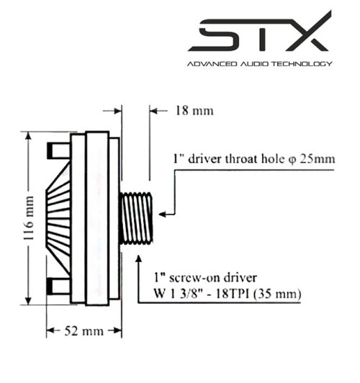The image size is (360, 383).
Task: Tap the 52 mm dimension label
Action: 75,330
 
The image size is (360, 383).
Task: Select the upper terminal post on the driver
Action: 56,150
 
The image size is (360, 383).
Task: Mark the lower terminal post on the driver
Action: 56,287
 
